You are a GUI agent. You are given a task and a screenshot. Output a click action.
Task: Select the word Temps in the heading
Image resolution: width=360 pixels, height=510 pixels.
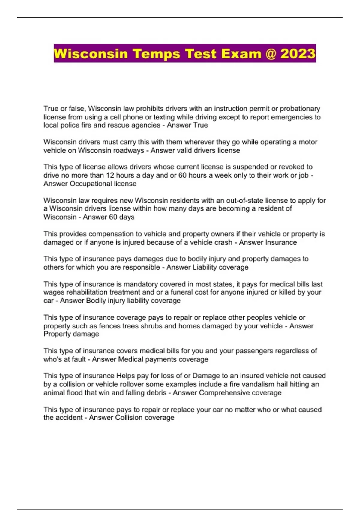[x=156, y=54]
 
